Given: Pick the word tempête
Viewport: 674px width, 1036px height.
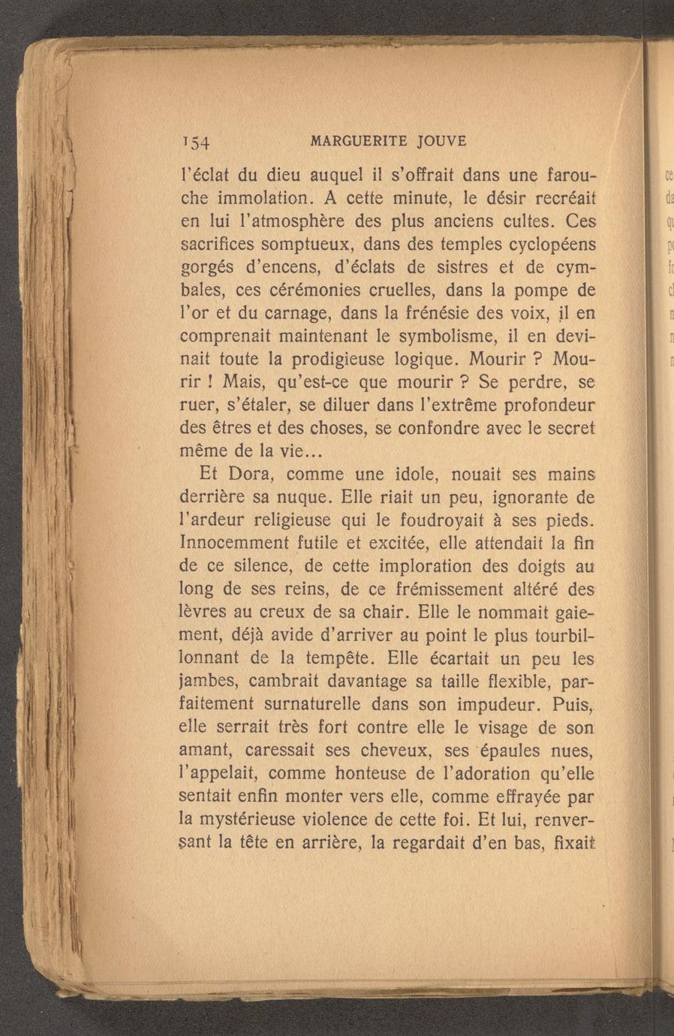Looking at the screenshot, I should (337, 658).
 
